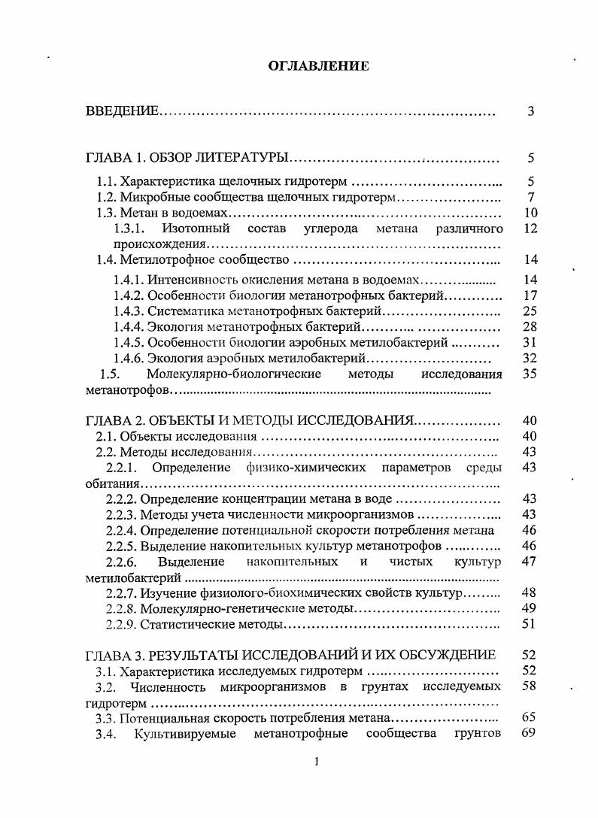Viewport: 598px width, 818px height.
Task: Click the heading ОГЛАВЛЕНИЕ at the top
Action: coord(318,66)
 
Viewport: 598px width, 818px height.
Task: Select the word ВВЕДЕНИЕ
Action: coord(122,112)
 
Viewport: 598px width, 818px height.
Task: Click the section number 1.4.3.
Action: coord(128,311)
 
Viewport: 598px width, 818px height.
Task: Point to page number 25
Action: coord(530,311)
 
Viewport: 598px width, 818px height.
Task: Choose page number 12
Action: coord(530,228)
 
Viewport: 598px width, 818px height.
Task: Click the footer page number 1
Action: coord(317,762)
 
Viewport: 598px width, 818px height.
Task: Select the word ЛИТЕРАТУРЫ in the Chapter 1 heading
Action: coord(247,159)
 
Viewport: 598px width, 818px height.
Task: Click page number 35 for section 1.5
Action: coord(530,374)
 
